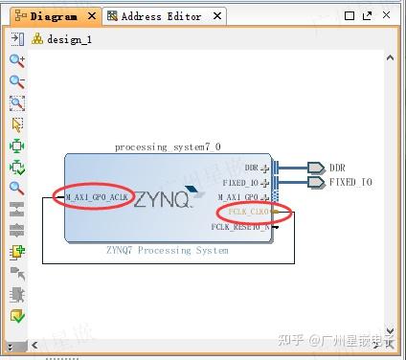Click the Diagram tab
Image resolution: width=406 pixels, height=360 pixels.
[54, 16]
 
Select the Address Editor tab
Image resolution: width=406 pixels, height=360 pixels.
[161, 16]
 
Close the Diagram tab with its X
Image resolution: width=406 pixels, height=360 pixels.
[92, 16]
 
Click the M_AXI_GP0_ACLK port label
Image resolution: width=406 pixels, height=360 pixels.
[96, 197]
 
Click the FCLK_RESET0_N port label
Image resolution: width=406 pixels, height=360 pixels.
[239, 227]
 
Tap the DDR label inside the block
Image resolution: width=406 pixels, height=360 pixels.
[252, 168]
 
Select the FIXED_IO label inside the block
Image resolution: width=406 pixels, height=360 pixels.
[240, 182]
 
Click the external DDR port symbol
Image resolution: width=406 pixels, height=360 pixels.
[315, 168]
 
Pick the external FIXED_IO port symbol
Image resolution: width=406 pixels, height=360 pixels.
[315, 182]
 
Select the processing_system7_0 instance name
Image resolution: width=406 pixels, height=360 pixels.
[168, 146]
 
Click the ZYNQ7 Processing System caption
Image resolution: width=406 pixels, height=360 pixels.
[169, 251]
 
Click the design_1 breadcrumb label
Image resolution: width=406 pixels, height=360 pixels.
[66, 39]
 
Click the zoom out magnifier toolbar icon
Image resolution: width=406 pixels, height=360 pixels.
[16, 81]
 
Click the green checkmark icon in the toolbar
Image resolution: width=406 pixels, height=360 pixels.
[16, 316]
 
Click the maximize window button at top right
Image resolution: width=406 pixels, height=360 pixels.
[366, 16]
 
